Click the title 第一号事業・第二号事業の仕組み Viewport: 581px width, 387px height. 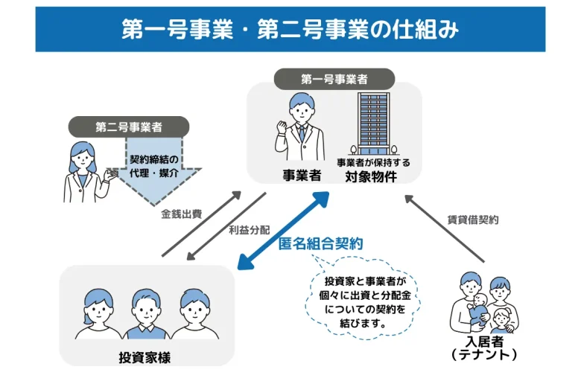coord(290,29)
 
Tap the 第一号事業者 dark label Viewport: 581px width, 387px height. coord(334,79)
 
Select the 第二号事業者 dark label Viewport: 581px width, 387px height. coord(129,127)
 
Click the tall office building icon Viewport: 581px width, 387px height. coord(376,124)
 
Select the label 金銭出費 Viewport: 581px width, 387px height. coord(181,214)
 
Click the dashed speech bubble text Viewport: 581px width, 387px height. coord(365,302)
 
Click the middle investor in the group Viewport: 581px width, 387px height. coord(146,313)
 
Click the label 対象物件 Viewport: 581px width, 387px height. coord(370,177)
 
